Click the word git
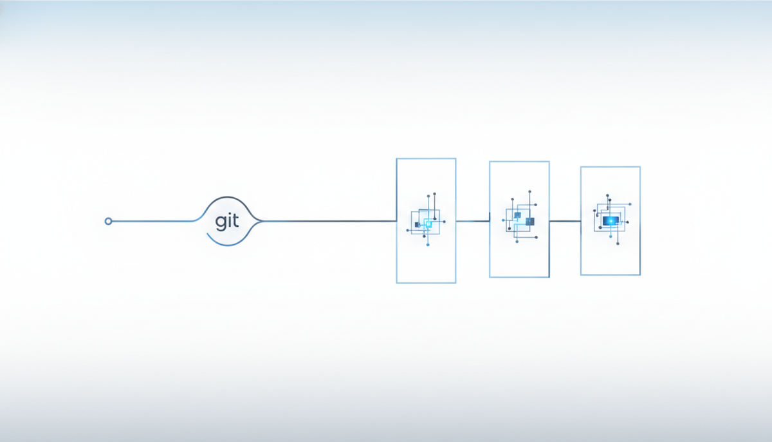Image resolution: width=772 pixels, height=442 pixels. [x=226, y=222]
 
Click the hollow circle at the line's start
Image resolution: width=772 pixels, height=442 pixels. [x=108, y=221]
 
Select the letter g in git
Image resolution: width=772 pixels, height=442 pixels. [x=220, y=223]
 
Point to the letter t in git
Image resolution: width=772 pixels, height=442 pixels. [x=235, y=221]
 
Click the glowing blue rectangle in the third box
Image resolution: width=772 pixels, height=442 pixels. [x=611, y=221]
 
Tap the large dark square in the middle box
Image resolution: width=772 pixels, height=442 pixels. [x=529, y=222]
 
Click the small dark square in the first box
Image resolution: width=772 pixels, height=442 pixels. [x=418, y=225]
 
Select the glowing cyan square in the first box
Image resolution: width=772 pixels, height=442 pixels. [x=428, y=224]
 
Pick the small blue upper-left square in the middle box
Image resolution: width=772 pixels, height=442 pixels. [x=517, y=215]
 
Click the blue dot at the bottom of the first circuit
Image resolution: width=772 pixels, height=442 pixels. [x=428, y=245]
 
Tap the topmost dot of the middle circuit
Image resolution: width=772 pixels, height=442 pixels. [x=529, y=191]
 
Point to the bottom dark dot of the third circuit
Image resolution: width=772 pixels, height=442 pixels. [x=618, y=244]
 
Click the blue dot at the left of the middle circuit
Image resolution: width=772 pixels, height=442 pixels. [x=503, y=220]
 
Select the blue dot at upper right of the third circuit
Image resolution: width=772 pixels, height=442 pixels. [x=630, y=204]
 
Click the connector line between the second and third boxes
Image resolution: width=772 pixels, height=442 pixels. [x=565, y=221]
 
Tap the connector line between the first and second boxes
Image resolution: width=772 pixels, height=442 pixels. [x=472, y=221]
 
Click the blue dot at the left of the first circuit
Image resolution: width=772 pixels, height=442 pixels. [x=407, y=230]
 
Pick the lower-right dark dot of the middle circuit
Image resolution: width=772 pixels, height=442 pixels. [x=537, y=237]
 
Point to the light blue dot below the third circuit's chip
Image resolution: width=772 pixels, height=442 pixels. [x=611, y=236]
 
